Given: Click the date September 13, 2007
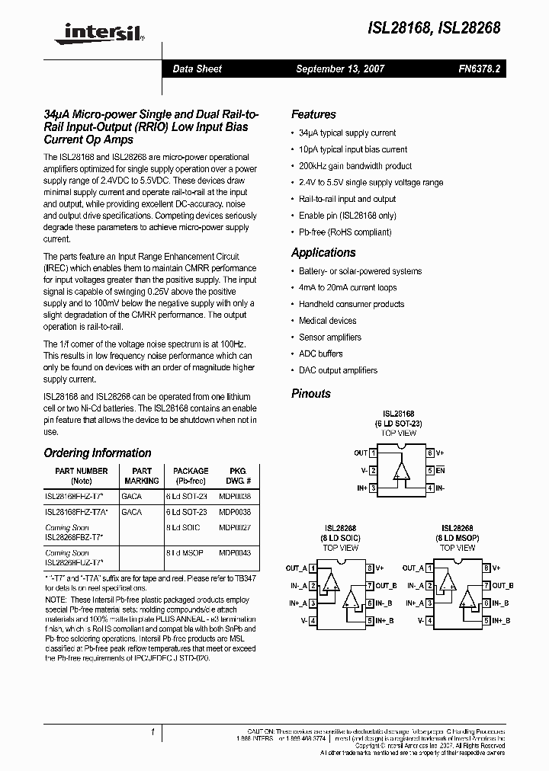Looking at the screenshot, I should pyautogui.click(x=340, y=69).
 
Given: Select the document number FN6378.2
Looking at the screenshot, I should pyautogui.click(x=479, y=69).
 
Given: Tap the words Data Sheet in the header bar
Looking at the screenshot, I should pyautogui.click(x=197, y=69).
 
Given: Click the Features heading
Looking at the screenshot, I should pyautogui.click(x=313, y=114).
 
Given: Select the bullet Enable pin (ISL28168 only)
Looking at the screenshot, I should pyautogui.click(x=347, y=216).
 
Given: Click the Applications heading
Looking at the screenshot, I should pyautogui.click(x=323, y=253).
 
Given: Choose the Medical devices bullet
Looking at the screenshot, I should pyautogui.click(x=327, y=321).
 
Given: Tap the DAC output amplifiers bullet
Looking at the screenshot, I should pyautogui.click(x=338, y=370).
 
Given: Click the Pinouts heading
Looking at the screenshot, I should pyautogui.click(x=311, y=394).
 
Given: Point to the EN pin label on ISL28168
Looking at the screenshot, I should pyautogui.click(x=440, y=471).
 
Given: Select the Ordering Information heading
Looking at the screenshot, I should pyautogui.click(x=98, y=453).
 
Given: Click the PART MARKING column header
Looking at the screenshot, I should pyautogui.click(x=142, y=476).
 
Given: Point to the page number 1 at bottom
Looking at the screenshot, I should pyautogui.click(x=153, y=732).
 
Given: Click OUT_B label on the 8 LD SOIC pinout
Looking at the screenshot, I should pyautogui.click(x=383, y=585).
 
